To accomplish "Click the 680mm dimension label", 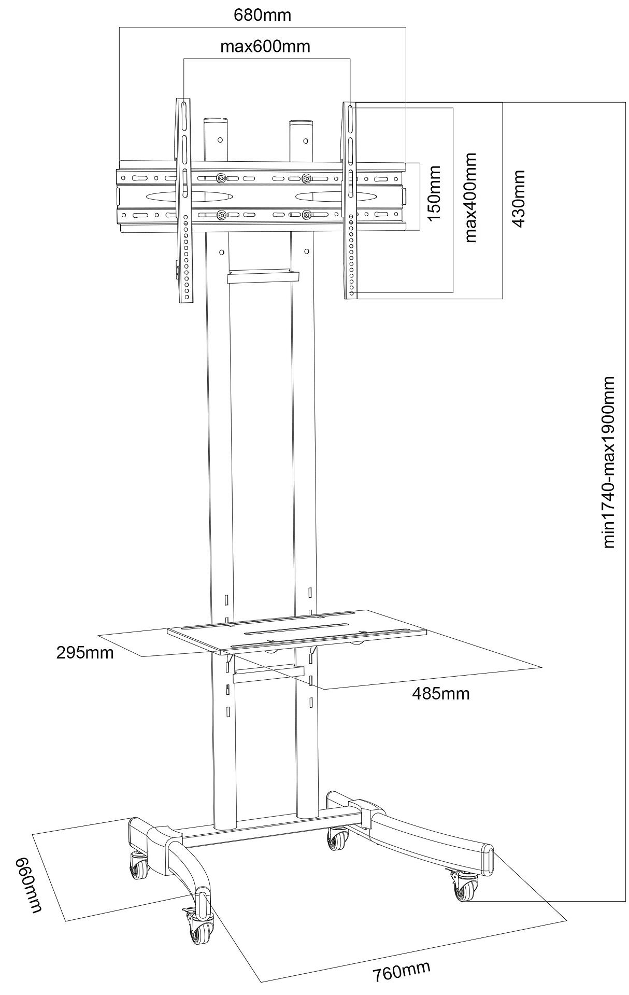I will (262, 15).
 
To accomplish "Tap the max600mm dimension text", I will (265, 46).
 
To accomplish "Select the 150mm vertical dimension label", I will (433, 193).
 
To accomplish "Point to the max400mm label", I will (469, 197).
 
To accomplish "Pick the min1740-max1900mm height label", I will (609, 462).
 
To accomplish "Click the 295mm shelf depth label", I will (85, 652).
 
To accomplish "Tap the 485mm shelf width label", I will (440, 693).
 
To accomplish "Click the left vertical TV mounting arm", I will (184, 200).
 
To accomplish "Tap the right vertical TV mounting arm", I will (351, 200).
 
